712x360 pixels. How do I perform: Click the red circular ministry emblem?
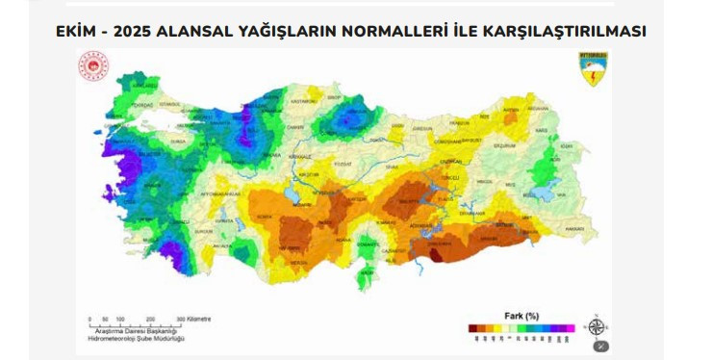[x=93, y=67]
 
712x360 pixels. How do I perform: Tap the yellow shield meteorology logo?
[x=593, y=67]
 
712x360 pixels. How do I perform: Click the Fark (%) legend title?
[x=521, y=315]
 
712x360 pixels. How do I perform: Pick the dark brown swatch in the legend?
[x=473, y=328]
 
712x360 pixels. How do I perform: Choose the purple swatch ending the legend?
[x=569, y=328]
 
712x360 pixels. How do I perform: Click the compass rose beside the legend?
[x=598, y=325]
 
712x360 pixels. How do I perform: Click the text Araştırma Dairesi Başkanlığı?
[x=136, y=331]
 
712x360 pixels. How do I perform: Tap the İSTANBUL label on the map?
[x=170, y=102]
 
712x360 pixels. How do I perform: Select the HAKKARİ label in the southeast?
[x=574, y=228]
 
